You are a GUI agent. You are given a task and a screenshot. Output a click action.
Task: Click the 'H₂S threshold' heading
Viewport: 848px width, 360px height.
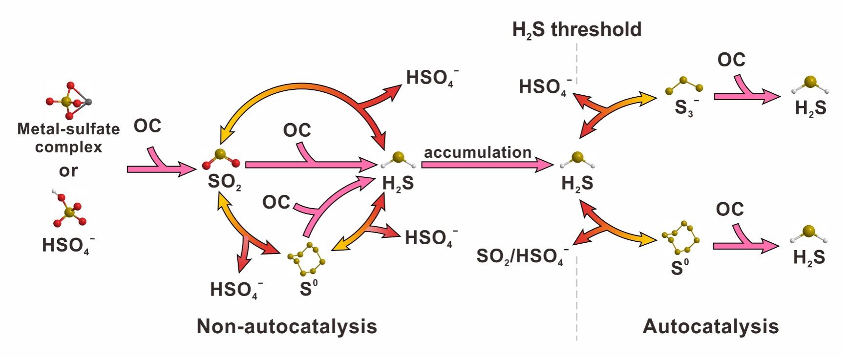tap(576, 30)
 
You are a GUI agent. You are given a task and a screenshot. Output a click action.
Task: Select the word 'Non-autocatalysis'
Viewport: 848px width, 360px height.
tap(287, 326)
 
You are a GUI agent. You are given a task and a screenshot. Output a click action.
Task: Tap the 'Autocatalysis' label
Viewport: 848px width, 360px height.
tap(710, 326)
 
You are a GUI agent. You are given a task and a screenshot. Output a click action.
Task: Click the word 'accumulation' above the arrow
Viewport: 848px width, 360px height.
tap(477, 152)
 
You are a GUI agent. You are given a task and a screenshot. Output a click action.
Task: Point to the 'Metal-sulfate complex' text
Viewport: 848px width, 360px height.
tap(68, 138)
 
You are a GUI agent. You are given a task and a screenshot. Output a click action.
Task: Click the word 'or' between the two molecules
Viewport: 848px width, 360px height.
tap(68, 170)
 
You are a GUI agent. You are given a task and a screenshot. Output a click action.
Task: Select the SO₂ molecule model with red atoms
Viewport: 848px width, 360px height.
tap(221, 159)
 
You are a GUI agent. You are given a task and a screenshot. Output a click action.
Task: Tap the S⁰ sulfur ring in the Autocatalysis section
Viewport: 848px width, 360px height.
tap(680, 237)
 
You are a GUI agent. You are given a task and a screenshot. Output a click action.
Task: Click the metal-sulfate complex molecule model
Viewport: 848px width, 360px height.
tap(69, 101)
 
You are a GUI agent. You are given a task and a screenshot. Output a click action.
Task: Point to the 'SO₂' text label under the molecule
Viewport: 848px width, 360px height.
tap(224, 182)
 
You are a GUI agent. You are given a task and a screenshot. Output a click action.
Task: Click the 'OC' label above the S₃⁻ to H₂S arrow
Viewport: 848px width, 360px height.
tap(731, 60)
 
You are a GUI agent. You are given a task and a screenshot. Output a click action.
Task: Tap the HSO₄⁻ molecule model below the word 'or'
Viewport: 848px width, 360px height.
tap(69, 210)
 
